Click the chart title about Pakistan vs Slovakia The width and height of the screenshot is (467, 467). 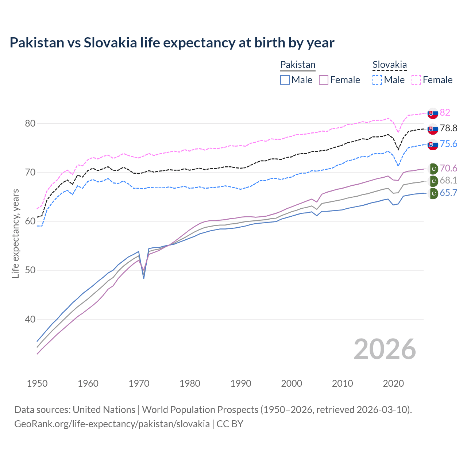(172, 43)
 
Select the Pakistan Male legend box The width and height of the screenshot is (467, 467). (285, 80)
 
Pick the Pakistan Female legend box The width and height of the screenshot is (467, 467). (324, 80)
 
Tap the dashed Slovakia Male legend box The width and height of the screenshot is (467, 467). (377, 80)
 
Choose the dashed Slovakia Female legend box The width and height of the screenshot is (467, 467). (416, 80)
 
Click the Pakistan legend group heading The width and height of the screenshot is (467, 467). (298, 65)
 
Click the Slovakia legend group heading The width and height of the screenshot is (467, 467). (389, 65)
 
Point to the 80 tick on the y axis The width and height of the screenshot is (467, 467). (30, 123)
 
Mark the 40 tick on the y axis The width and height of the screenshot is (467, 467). (30, 319)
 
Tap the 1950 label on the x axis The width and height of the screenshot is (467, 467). (37, 383)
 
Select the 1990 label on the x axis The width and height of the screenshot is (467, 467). (241, 383)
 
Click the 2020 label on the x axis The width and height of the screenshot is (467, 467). (393, 383)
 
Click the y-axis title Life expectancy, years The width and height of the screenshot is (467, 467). (16, 233)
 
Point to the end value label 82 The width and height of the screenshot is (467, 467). (445, 112)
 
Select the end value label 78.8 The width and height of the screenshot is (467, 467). (448, 128)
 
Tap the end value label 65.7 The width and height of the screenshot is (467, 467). (448, 193)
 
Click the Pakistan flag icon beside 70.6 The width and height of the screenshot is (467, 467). (433, 169)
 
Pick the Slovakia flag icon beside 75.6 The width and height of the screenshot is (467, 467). (433, 144)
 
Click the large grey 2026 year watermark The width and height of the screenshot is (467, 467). (385, 349)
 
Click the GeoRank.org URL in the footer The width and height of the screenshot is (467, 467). (112, 424)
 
